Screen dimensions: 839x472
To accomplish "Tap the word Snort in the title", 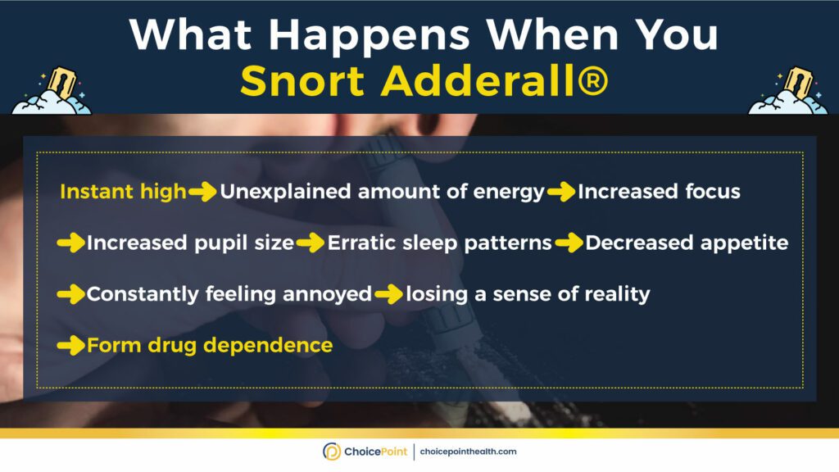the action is tap(302, 82).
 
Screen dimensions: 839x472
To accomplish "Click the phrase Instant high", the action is tap(123, 191).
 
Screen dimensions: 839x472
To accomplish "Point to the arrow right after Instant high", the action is tap(202, 192).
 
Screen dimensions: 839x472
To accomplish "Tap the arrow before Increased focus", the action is tap(560, 192).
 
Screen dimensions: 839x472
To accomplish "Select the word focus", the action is tap(713, 191).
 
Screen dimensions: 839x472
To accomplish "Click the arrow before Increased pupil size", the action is tap(70, 243).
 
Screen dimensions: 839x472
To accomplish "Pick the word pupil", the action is tap(220, 243).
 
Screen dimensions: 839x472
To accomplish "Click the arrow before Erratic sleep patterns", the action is tap(311, 243).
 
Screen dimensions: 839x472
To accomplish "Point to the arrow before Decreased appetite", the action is tap(569, 243).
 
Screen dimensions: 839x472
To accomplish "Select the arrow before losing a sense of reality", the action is tap(389, 294).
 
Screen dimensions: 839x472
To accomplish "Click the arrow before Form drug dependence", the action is tap(70, 346).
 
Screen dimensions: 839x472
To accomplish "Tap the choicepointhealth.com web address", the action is tap(468, 452).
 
